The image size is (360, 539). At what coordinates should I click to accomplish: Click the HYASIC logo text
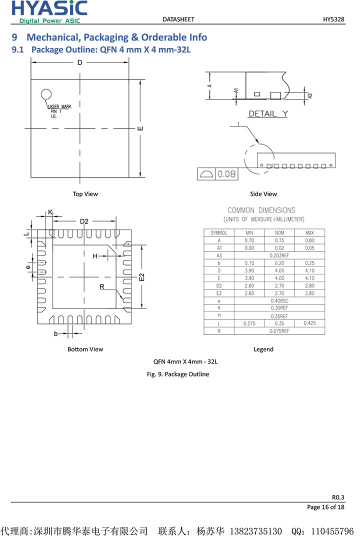(x=49, y=8)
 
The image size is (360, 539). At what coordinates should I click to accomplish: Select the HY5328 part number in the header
(x=333, y=19)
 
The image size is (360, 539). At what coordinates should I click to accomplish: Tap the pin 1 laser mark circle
(x=46, y=93)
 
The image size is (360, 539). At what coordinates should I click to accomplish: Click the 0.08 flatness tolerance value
(x=226, y=174)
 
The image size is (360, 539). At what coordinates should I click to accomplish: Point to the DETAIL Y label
(x=268, y=114)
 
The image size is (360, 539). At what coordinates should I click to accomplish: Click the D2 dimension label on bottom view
(x=84, y=221)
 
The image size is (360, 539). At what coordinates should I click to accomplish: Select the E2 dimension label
(x=141, y=276)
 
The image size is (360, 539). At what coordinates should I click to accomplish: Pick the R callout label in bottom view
(x=102, y=286)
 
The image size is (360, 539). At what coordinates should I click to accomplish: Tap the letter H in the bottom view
(x=95, y=256)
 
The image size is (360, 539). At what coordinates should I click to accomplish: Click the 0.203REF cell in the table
(x=279, y=255)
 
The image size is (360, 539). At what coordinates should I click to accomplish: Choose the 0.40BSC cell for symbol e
(x=279, y=301)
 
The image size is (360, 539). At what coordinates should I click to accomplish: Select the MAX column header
(x=309, y=233)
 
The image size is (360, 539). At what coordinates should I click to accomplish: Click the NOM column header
(x=279, y=233)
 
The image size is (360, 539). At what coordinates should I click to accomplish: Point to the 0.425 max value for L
(x=309, y=323)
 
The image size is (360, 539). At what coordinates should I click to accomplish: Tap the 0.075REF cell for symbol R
(x=279, y=331)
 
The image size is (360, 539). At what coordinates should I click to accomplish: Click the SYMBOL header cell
(x=219, y=233)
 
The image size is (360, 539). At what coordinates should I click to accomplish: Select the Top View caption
(x=85, y=194)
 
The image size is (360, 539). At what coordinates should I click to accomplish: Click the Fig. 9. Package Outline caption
(x=178, y=374)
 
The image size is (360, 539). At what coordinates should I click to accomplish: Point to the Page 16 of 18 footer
(x=325, y=507)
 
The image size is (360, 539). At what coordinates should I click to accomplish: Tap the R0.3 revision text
(x=338, y=497)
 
